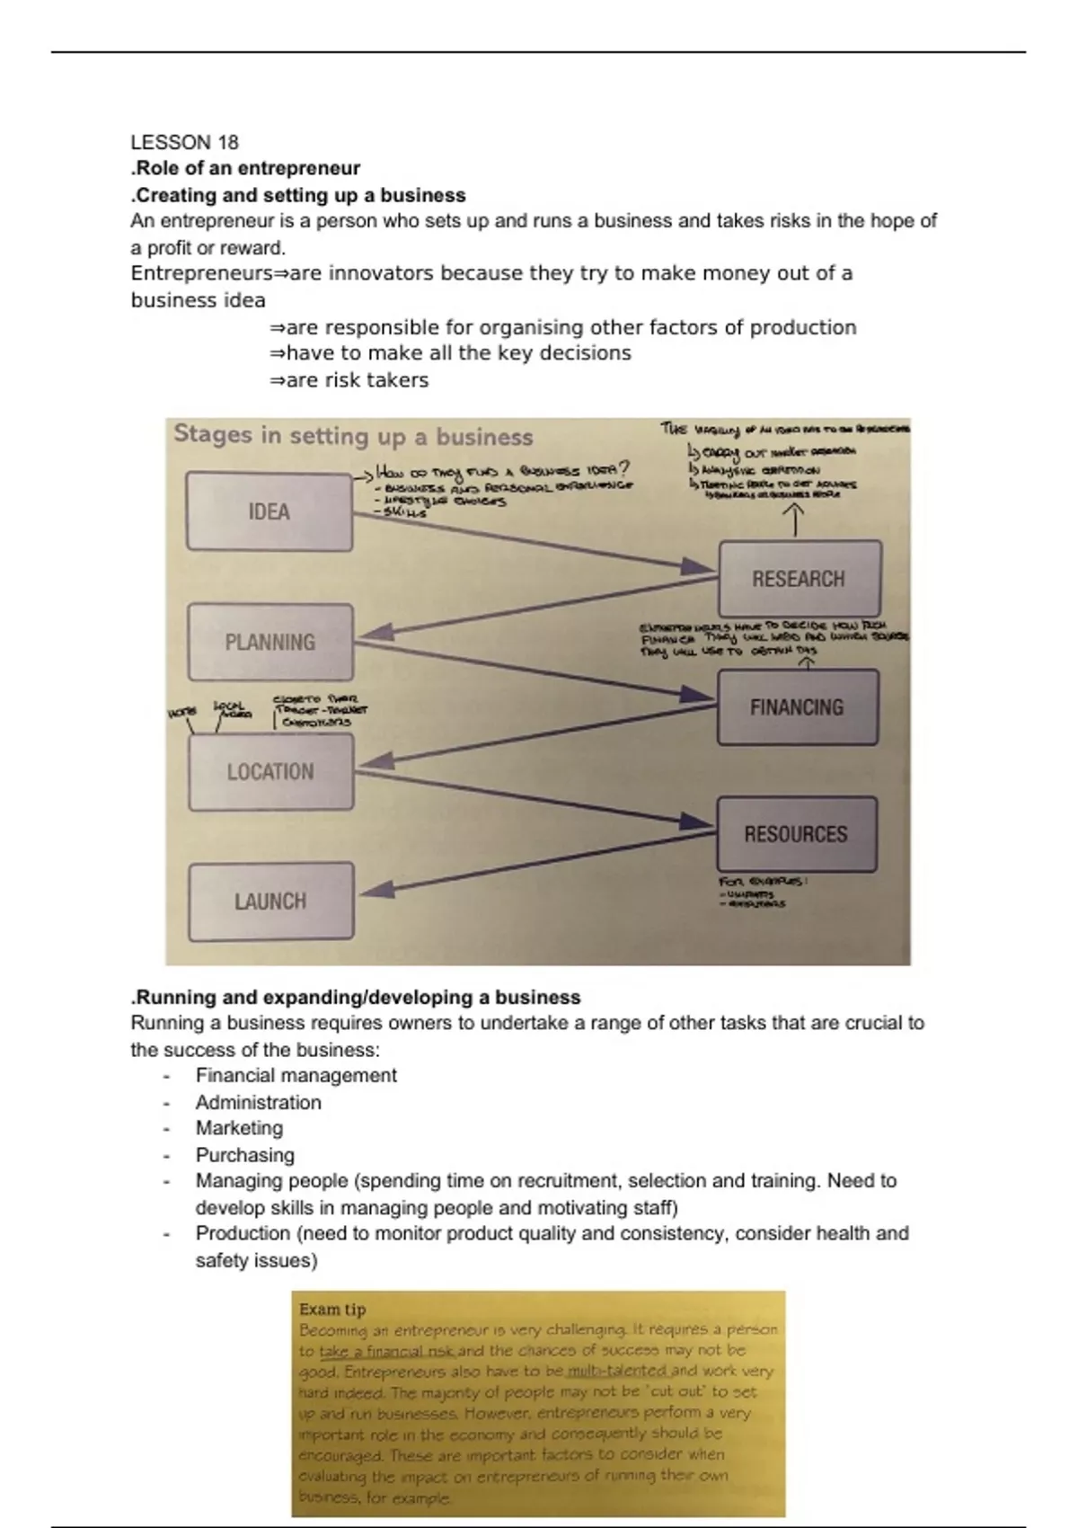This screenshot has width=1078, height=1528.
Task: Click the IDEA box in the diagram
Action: (269, 511)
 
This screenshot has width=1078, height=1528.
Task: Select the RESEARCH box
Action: (799, 579)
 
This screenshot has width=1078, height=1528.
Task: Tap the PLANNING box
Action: (269, 642)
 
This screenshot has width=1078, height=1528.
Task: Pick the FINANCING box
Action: (797, 707)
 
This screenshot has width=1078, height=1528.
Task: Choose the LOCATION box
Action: (270, 771)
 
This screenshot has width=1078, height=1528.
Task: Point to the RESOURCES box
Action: (796, 834)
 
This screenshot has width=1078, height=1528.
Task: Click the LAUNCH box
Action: (270, 901)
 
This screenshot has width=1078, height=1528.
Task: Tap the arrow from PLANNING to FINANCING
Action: (530, 668)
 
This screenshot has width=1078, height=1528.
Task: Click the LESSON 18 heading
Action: (184, 142)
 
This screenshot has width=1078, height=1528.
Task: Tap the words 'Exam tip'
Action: (332, 1310)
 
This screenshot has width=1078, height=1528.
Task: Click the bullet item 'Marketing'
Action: (239, 1128)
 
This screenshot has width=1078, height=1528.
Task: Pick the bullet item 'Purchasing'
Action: (244, 1155)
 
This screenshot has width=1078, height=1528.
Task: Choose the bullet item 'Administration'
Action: (258, 1102)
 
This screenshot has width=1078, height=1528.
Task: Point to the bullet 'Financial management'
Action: (296, 1075)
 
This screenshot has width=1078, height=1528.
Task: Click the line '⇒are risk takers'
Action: (349, 380)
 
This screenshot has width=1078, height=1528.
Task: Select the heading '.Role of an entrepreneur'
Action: (245, 168)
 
